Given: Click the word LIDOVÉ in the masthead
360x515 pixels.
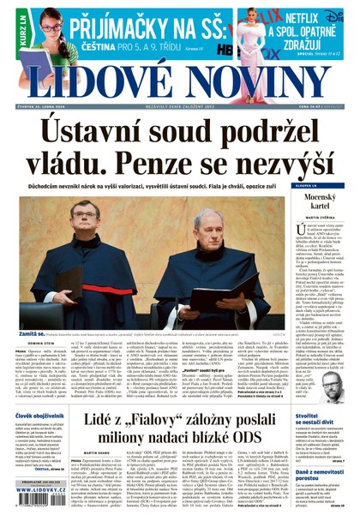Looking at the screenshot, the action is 91,83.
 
